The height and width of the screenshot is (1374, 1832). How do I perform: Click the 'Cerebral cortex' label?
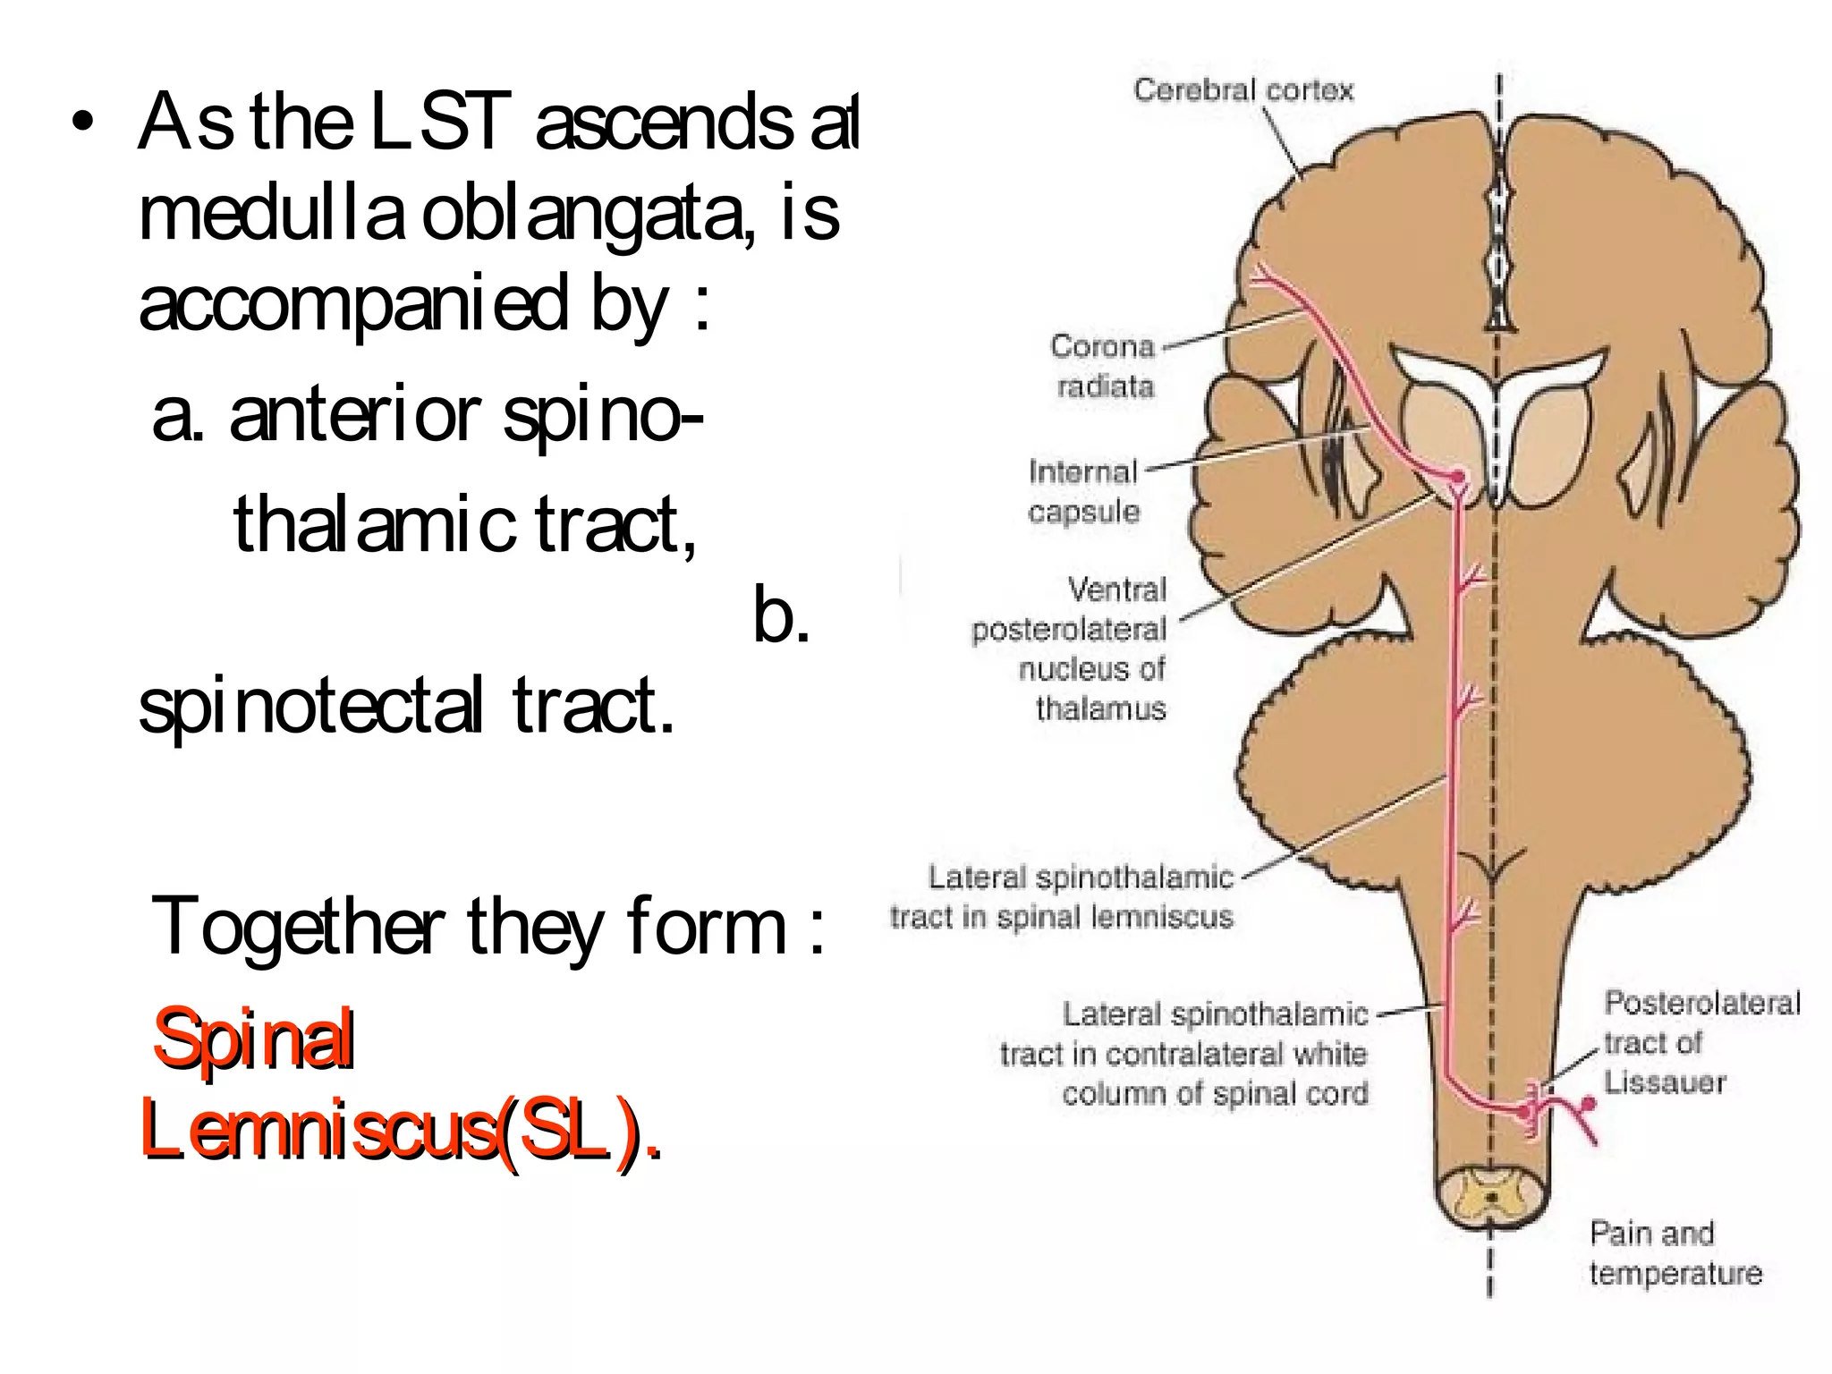[1243, 90]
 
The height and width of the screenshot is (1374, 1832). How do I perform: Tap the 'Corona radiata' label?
[1104, 366]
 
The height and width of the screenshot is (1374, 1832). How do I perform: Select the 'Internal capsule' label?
[1083, 491]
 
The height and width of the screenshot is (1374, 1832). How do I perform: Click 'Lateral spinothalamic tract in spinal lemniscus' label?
[1062, 897]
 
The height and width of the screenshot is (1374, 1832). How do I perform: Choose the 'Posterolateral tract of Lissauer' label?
[1700, 1042]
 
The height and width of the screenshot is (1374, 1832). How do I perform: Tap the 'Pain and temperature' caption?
[1674, 1253]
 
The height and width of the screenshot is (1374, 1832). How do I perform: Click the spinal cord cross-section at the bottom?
[1490, 1197]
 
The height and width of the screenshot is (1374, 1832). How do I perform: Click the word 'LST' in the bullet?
[439, 122]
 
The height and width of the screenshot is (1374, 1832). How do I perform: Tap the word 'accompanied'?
[353, 304]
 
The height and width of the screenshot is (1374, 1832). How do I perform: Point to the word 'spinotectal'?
[311, 707]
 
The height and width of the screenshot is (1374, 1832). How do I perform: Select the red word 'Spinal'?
[254, 1039]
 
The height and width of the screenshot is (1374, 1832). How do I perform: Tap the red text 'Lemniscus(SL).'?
[401, 1132]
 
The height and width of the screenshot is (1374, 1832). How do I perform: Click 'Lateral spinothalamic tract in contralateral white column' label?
[1184, 1054]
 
